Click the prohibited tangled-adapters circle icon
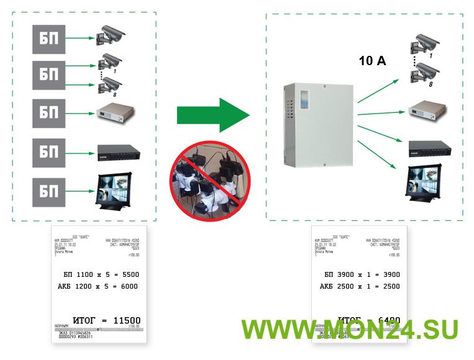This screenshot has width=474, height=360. [x=209, y=180]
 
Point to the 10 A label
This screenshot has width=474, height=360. [x=373, y=61]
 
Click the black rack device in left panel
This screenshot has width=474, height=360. [x=118, y=151]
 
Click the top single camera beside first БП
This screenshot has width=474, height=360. [x=111, y=35]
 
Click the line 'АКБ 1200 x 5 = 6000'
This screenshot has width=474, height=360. [x=100, y=286]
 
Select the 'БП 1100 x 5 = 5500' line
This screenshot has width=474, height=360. [x=100, y=274]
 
